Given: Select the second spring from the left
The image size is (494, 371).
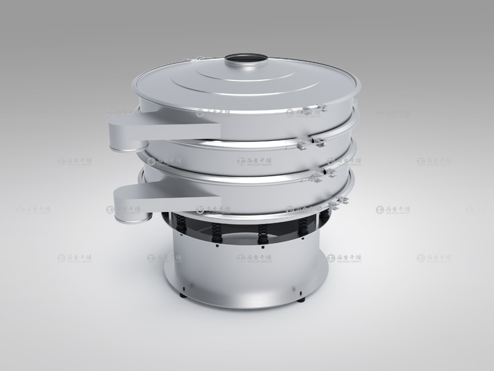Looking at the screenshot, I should click(217, 231).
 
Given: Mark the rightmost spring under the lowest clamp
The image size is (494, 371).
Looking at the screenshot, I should click(303, 225).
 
